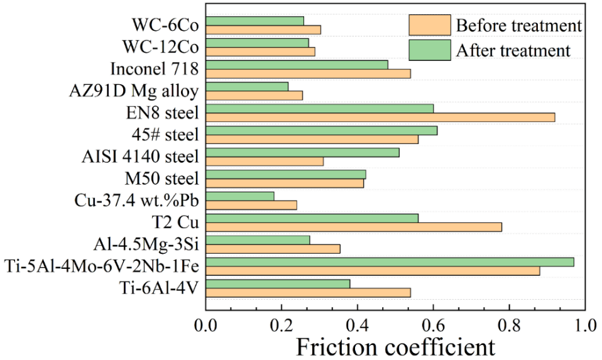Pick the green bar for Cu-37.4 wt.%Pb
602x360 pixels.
[x=240, y=196]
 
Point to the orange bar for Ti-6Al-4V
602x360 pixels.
[x=308, y=292]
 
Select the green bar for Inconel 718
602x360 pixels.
[x=297, y=65]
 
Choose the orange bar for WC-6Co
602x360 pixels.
[x=263, y=30]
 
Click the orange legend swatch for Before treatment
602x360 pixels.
[x=429, y=26]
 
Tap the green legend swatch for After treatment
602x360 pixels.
[x=429, y=50]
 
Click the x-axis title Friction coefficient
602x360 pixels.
[x=395, y=346]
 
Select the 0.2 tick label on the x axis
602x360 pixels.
[x=282, y=325]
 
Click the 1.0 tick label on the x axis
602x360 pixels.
[x=584, y=325]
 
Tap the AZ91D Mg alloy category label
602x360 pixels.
[x=134, y=91]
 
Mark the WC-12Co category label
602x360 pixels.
[x=165, y=47]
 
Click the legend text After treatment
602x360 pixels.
[x=513, y=50]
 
